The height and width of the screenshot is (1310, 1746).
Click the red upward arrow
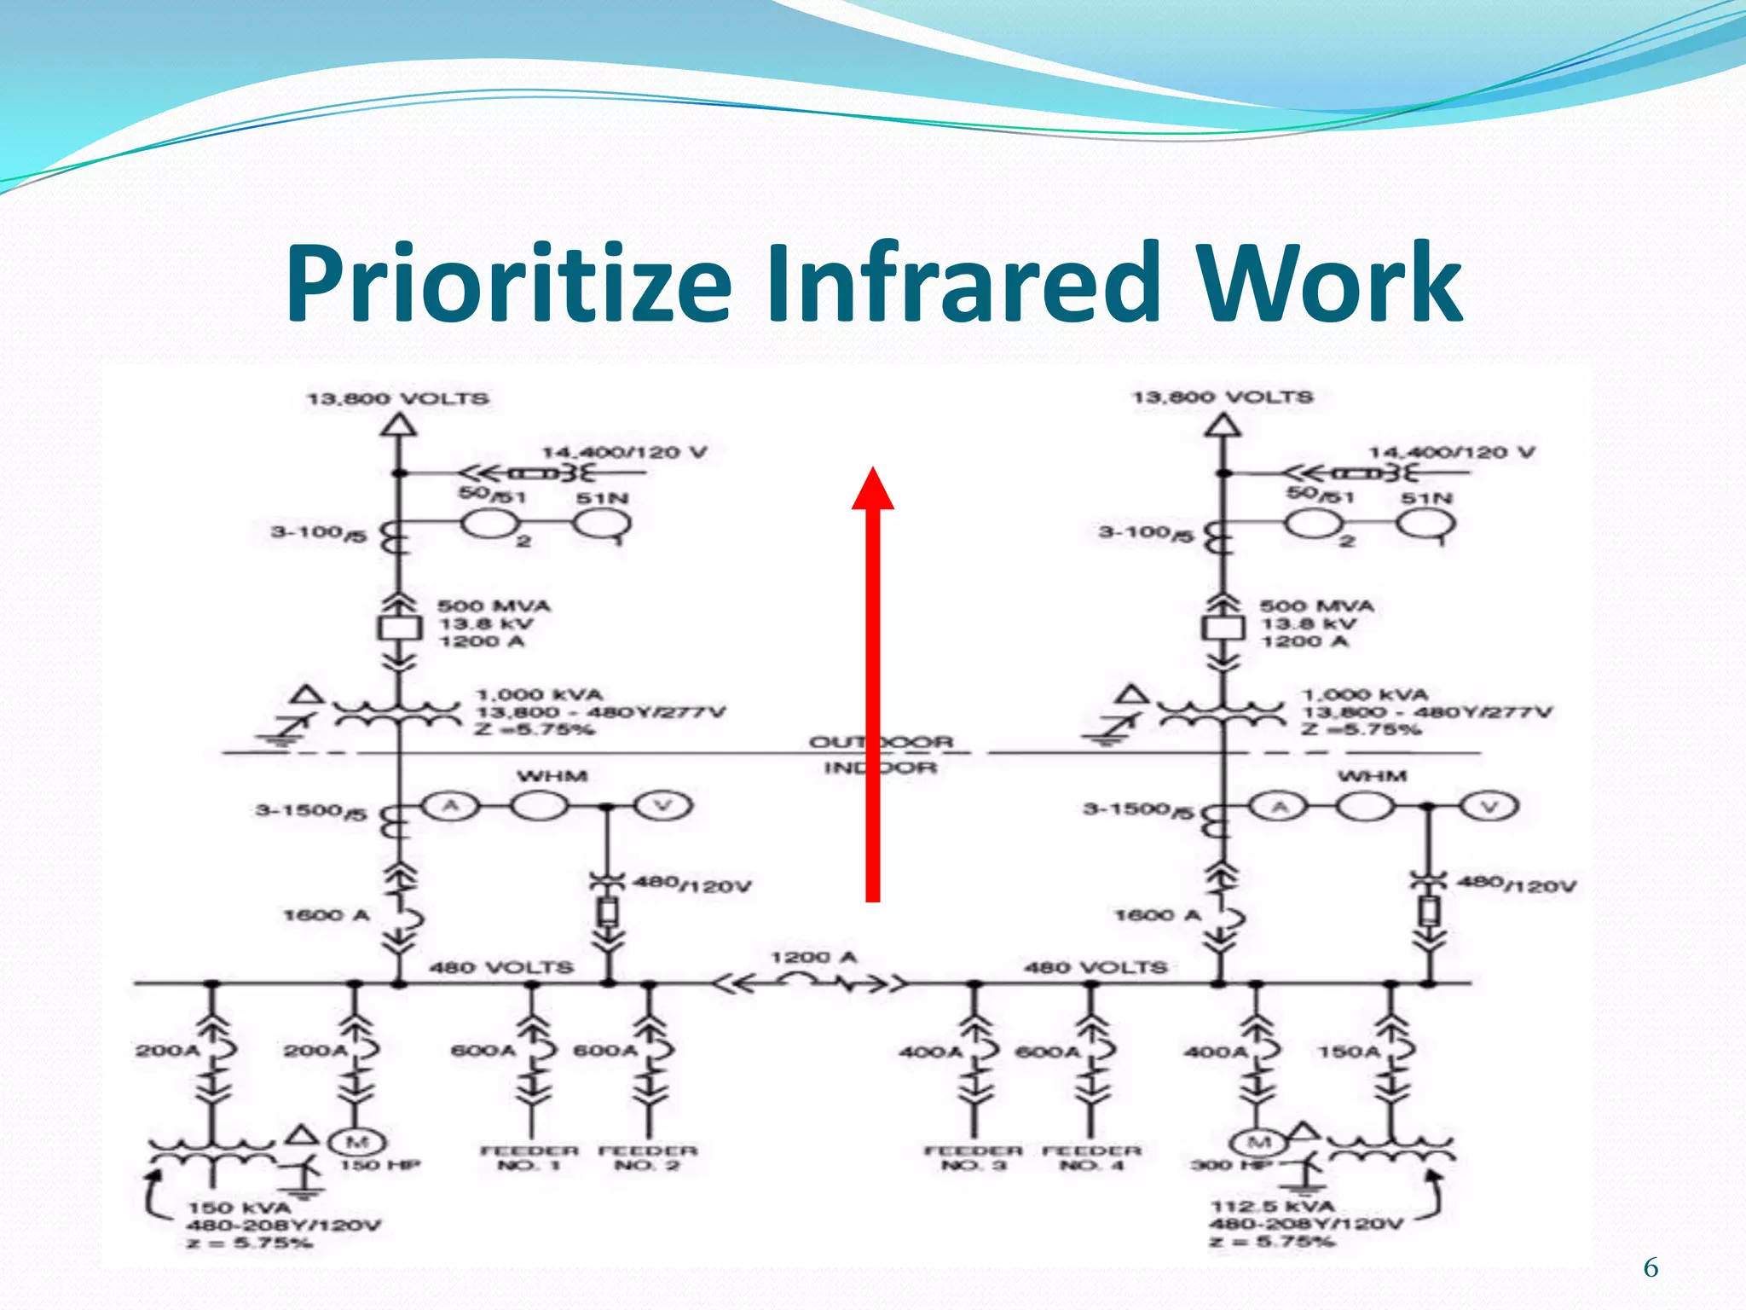coord(872,682)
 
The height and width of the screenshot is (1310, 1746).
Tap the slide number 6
coord(1651,1268)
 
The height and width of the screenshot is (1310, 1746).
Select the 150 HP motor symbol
coord(357,1142)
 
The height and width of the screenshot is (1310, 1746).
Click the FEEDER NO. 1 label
coord(529,1157)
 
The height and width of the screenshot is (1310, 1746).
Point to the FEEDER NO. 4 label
coord(1092,1157)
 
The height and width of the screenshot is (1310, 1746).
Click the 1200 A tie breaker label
coord(813,957)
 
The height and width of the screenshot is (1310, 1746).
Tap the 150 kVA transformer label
coord(240,1208)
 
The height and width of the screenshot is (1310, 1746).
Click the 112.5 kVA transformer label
coord(1272,1206)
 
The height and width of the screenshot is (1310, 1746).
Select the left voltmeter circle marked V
coord(663,806)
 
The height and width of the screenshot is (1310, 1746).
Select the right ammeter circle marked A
coord(1279,806)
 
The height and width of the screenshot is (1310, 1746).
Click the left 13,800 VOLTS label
coord(398,398)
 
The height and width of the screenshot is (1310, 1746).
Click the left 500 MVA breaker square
coord(399,629)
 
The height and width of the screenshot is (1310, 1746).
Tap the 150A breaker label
coord(1348,1052)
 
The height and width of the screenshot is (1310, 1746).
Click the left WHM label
coord(552,776)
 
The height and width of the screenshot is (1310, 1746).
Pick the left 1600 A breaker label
coord(327,915)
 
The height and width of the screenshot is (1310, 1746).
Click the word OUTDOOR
coord(881,742)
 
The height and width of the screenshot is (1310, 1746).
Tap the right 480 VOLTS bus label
coord(1095,967)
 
